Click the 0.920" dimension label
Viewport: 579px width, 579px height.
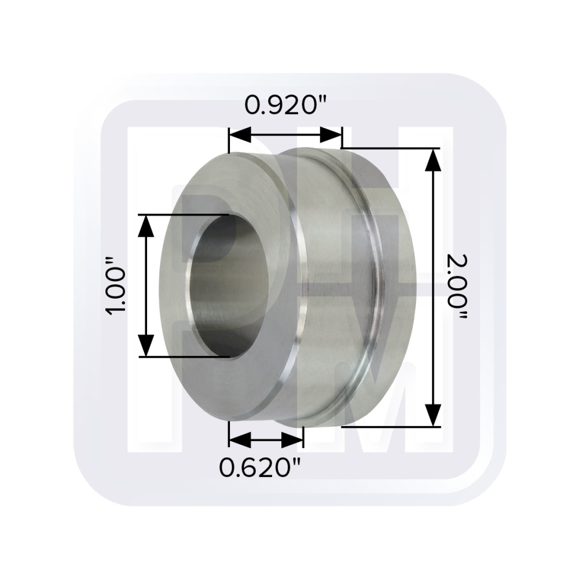point(287,105)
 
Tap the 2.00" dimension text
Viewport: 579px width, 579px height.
point(457,287)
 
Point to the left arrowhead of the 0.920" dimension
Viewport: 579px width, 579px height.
point(240,135)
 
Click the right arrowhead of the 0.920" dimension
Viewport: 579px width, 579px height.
point(331,135)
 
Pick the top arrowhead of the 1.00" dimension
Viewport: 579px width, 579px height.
point(147,226)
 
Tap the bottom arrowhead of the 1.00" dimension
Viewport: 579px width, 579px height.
point(147,346)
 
